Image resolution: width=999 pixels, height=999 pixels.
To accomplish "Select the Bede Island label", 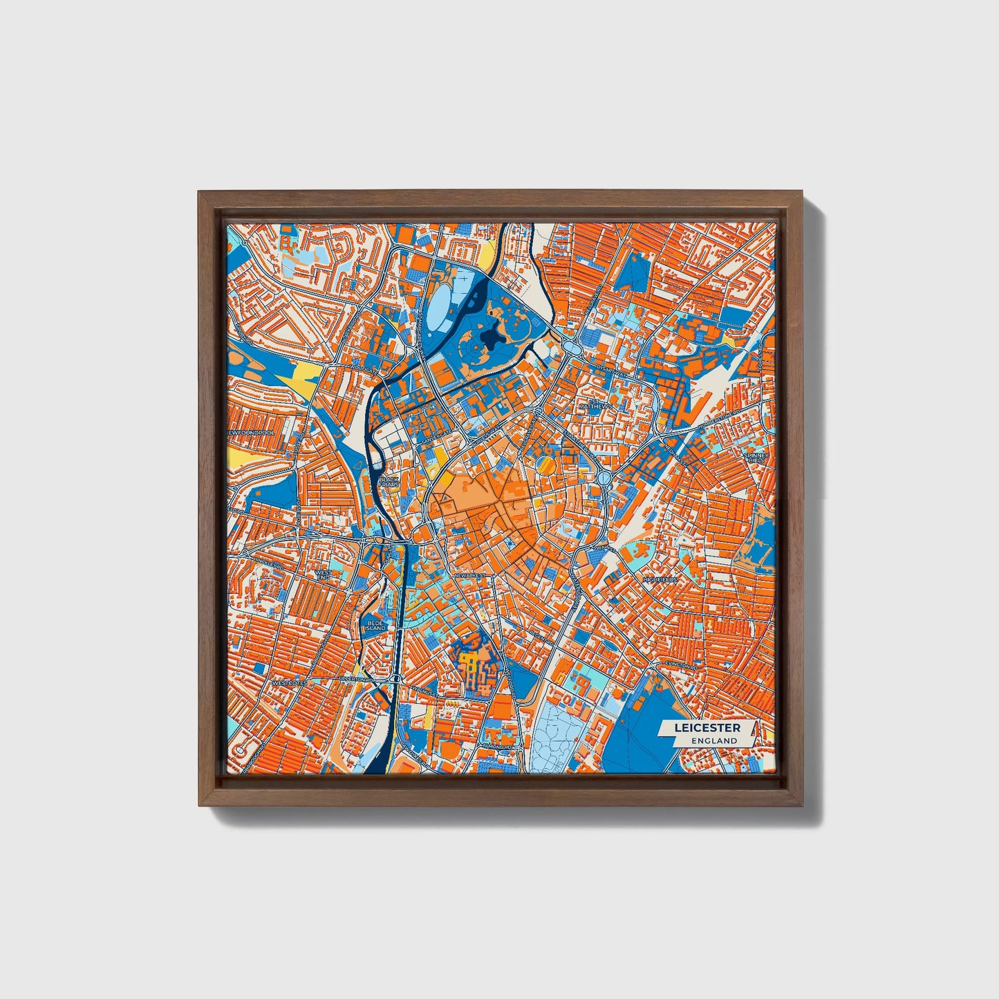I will pos(376,624).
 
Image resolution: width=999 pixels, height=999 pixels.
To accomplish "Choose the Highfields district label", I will pos(660,579).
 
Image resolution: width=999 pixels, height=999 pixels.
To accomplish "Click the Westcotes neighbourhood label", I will pos(289,682).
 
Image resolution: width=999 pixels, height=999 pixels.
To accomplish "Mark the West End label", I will pos(323,575).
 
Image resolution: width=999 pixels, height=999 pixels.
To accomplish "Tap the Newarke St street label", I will pos(471,575).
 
